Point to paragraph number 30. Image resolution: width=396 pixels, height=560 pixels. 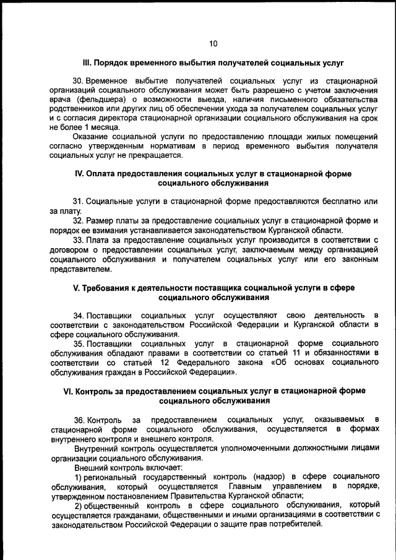pos(78,81)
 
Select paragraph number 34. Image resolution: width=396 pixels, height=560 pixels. pos(78,316)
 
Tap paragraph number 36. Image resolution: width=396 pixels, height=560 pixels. pos(78,420)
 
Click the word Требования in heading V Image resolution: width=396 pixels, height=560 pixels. pos(105,288)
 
